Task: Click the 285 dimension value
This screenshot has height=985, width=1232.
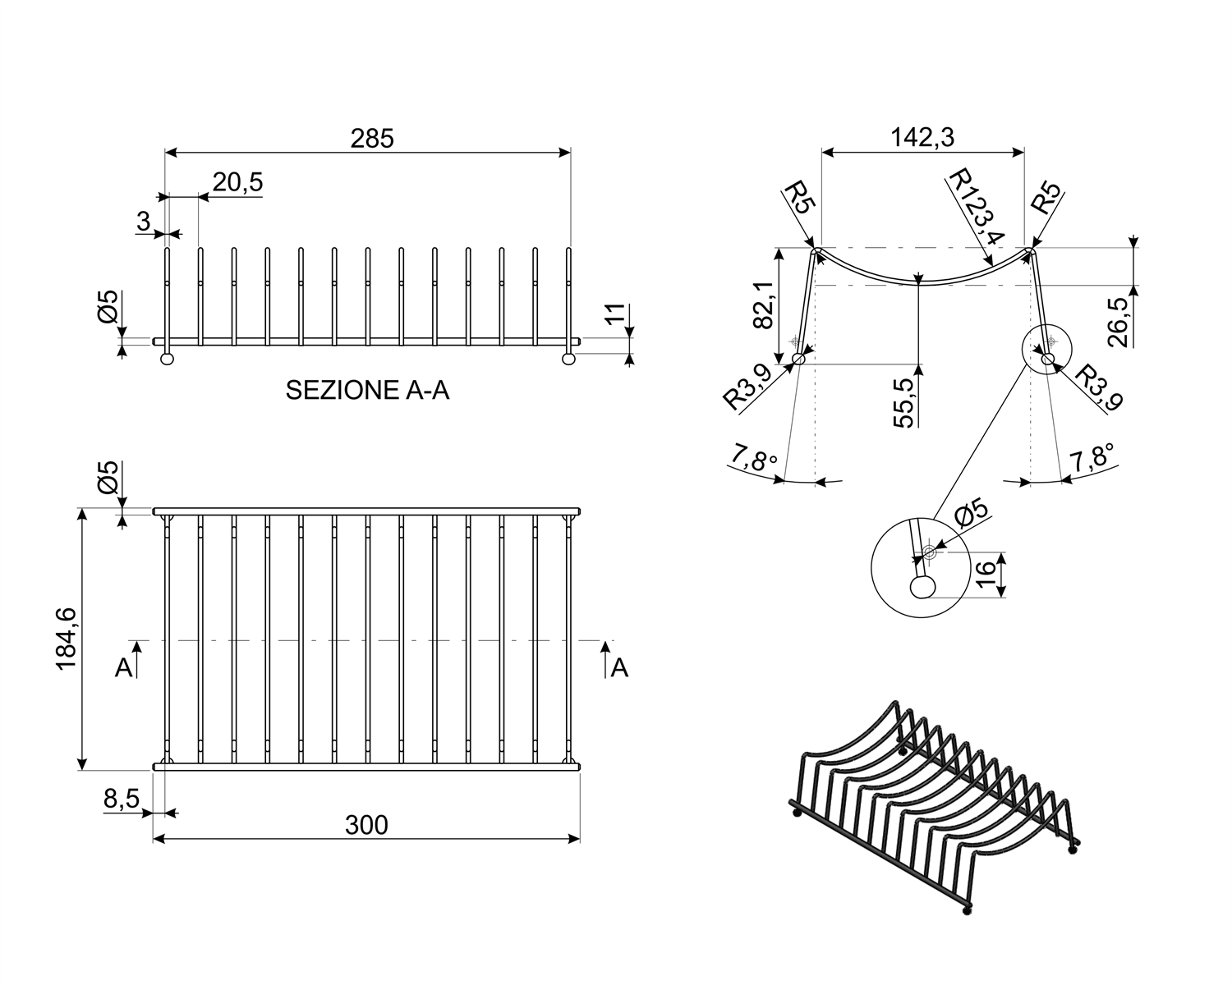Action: click(x=372, y=139)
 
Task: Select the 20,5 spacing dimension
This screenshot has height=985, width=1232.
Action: click(x=237, y=182)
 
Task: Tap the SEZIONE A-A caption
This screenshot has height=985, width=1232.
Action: click(x=367, y=391)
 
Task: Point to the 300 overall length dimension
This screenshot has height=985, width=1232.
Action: click(x=366, y=825)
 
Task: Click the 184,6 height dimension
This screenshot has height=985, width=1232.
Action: click(x=67, y=639)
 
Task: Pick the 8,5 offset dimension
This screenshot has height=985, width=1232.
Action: click(x=122, y=799)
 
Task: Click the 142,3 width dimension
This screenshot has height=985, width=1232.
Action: click(x=923, y=138)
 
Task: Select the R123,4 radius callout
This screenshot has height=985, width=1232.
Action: click(x=976, y=206)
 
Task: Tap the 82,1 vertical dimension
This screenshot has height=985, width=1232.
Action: click(x=764, y=305)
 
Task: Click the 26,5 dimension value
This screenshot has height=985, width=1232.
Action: click(x=1118, y=323)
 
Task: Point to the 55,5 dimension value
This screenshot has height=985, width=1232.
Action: click(x=904, y=403)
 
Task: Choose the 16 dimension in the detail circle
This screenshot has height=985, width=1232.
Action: click(x=986, y=575)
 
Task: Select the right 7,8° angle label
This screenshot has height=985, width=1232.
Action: click(x=1092, y=458)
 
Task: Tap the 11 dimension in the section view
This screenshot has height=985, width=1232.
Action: click(x=615, y=314)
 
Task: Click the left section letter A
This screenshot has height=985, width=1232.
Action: click(x=124, y=668)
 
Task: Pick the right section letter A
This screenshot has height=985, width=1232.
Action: click(x=619, y=668)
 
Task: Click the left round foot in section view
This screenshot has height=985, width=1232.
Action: click(x=168, y=359)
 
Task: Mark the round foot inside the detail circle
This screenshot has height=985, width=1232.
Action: click(x=922, y=587)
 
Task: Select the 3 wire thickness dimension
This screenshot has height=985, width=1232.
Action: click(x=143, y=221)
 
